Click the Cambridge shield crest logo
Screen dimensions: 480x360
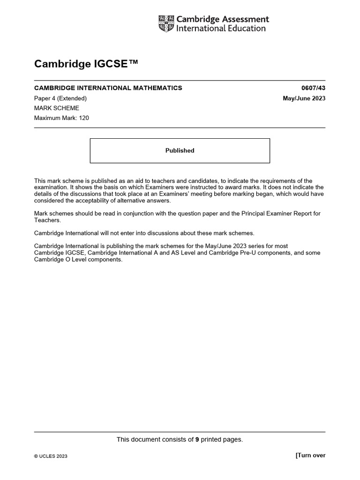166,24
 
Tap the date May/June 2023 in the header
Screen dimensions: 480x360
304,98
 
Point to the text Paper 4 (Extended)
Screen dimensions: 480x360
60,98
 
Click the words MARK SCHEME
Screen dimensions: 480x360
57,108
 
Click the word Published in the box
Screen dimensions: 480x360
180,151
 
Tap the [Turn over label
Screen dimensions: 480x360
310,455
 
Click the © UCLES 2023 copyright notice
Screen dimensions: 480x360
51,456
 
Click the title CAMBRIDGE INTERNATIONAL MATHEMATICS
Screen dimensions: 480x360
108,88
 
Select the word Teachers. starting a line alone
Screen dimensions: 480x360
47,220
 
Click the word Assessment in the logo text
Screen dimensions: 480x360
245,20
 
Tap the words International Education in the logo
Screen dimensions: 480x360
220,29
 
